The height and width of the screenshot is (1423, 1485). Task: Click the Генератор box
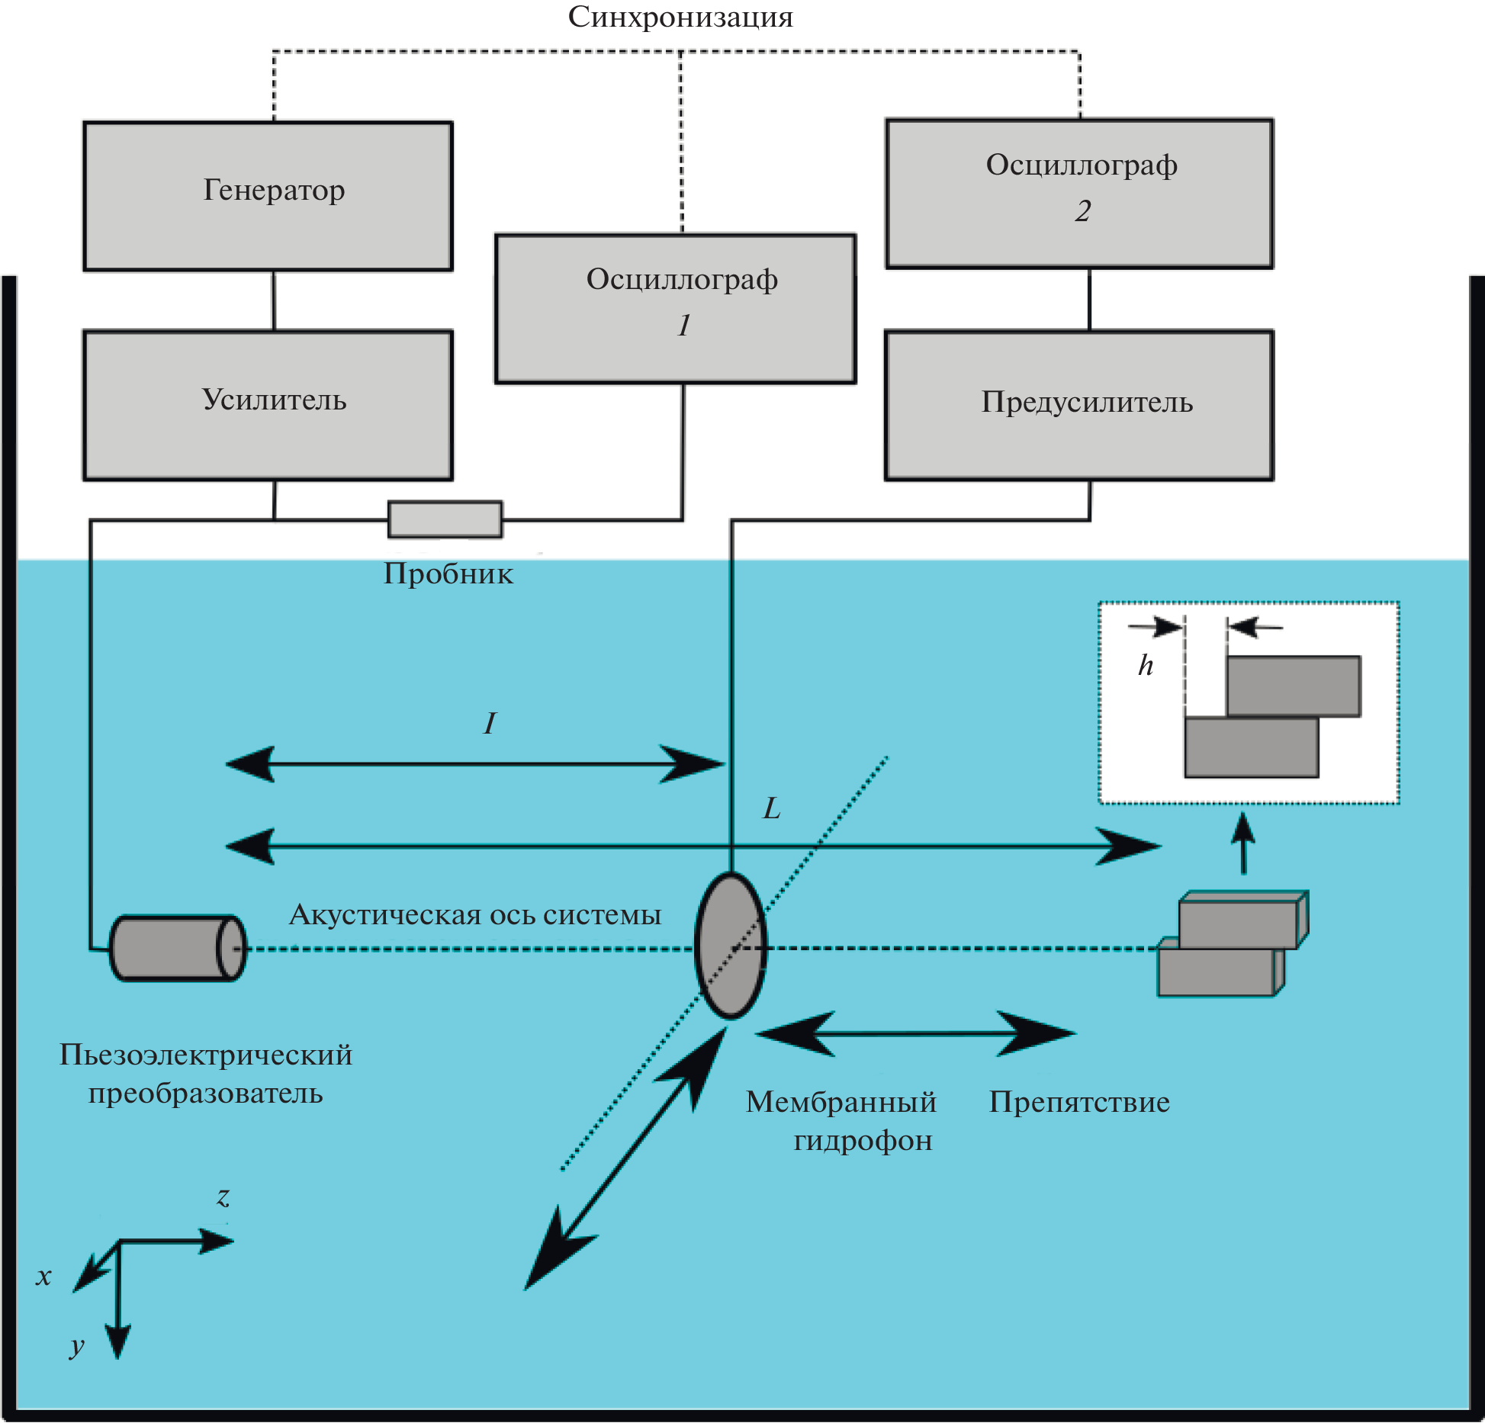point(268,196)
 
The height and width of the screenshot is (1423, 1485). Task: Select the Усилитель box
point(268,405)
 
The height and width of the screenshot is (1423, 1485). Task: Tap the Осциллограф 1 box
point(676,308)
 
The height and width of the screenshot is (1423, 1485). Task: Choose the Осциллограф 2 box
point(1079,194)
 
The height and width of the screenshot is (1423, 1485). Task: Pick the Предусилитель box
point(1079,405)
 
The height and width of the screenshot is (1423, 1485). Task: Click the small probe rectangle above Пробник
point(445,519)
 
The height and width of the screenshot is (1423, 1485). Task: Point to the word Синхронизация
point(680,17)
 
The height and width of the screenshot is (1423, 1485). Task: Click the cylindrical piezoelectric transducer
point(178,948)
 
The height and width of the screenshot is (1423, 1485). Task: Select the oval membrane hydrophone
point(731,946)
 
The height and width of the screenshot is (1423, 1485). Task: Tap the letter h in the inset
point(1146,665)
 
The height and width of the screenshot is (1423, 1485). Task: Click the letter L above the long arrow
point(772,808)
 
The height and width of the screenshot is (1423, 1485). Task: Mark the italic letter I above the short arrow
point(490,723)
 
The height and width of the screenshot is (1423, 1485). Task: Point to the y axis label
point(76,1345)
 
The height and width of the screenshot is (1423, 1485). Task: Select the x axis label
point(43,1277)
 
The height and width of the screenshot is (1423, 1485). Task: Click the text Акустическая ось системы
point(475,914)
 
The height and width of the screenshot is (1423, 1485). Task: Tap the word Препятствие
point(1079,1102)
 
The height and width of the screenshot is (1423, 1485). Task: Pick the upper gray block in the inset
point(1294,686)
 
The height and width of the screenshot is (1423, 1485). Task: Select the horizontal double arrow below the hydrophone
point(915,1034)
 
